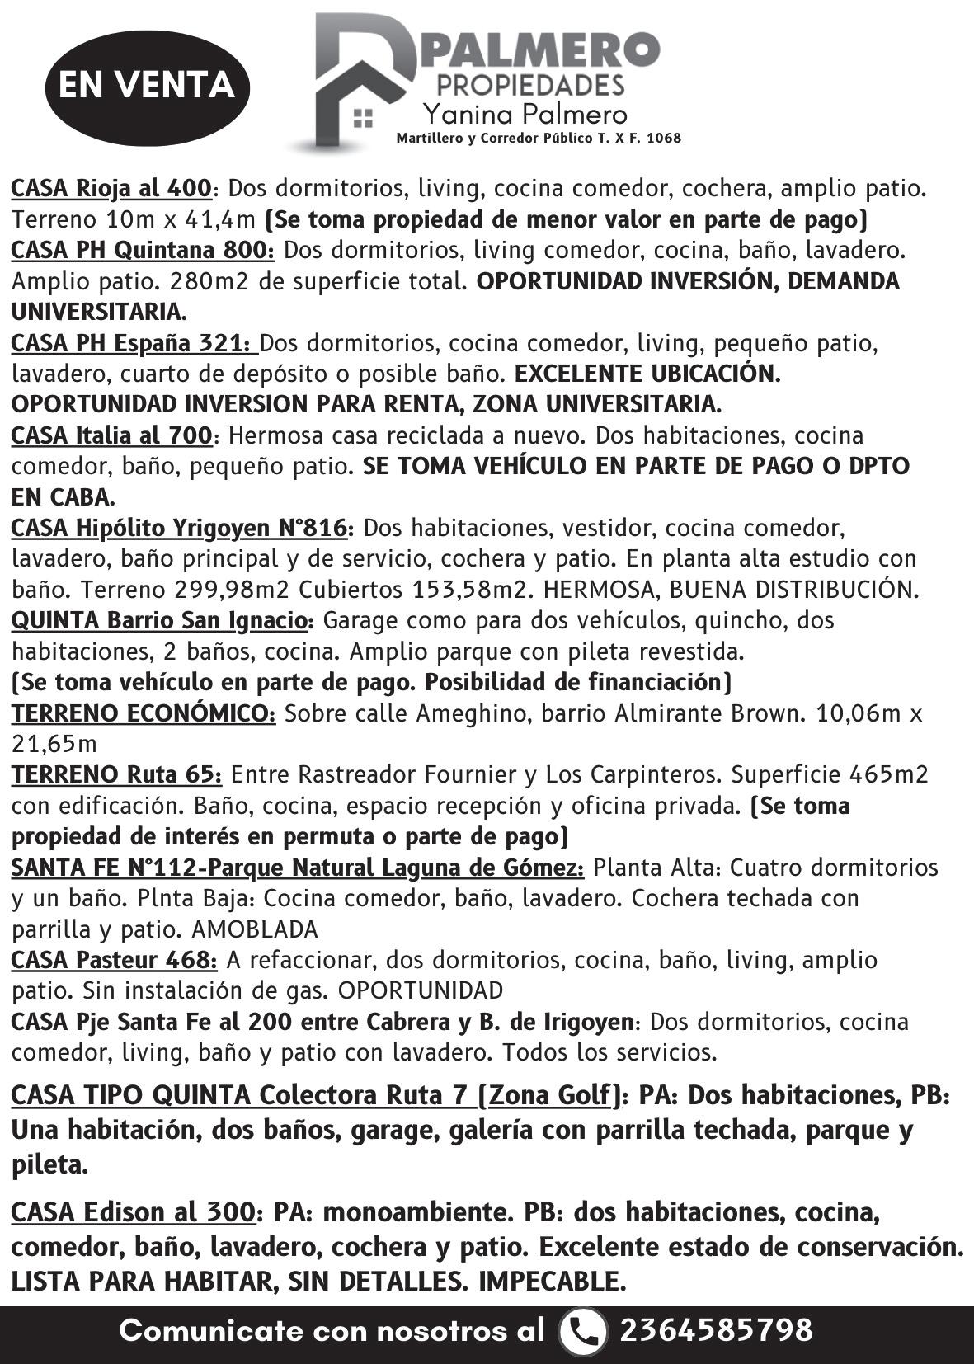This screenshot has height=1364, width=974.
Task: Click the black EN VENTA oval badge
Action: coord(148,86)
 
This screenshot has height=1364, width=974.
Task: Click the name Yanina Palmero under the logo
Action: coord(525,114)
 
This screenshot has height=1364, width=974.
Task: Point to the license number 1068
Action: coord(665,139)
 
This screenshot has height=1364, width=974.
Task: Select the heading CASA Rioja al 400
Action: coord(111,189)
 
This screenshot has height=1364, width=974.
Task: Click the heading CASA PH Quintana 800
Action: coord(142,250)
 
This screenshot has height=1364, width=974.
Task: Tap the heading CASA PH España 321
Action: coord(134,343)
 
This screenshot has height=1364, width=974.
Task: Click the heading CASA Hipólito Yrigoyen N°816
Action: coord(182,528)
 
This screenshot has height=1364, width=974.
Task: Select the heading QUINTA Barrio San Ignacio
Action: coord(162,620)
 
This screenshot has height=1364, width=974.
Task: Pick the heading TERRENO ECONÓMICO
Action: coord(144,713)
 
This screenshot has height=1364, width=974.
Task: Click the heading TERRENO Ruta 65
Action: coord(116,775)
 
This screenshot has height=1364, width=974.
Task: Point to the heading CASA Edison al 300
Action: coord(133,1212)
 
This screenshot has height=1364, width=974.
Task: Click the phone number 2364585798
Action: coord(716,1330)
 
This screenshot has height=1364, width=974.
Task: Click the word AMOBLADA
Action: coord(254,930)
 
